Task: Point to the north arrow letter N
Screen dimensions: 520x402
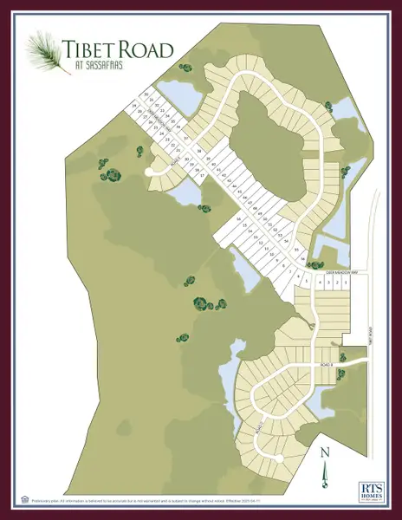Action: coord(323,452)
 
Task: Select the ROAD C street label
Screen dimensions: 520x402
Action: coord(259,429)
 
